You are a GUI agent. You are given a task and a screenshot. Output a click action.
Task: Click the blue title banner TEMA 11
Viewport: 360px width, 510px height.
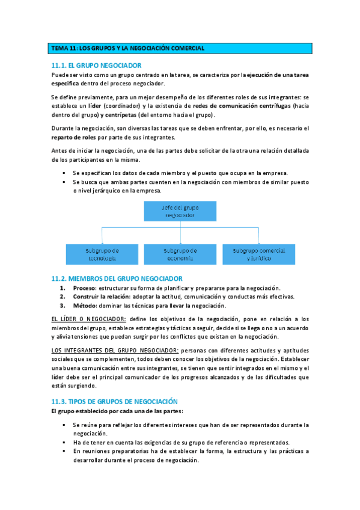coord(180,48)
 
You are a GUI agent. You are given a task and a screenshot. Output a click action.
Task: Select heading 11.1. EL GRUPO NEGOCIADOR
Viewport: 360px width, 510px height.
coord(96,65)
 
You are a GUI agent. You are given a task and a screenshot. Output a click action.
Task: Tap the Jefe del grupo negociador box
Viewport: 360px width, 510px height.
coord(180,211)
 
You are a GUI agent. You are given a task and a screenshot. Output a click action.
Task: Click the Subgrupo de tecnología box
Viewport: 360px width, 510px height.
coord(102,253)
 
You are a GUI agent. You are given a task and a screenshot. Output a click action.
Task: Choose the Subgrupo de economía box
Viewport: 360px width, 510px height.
coord(180,253)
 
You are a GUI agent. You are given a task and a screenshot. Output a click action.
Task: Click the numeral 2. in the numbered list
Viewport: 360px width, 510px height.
coord(62,296)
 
